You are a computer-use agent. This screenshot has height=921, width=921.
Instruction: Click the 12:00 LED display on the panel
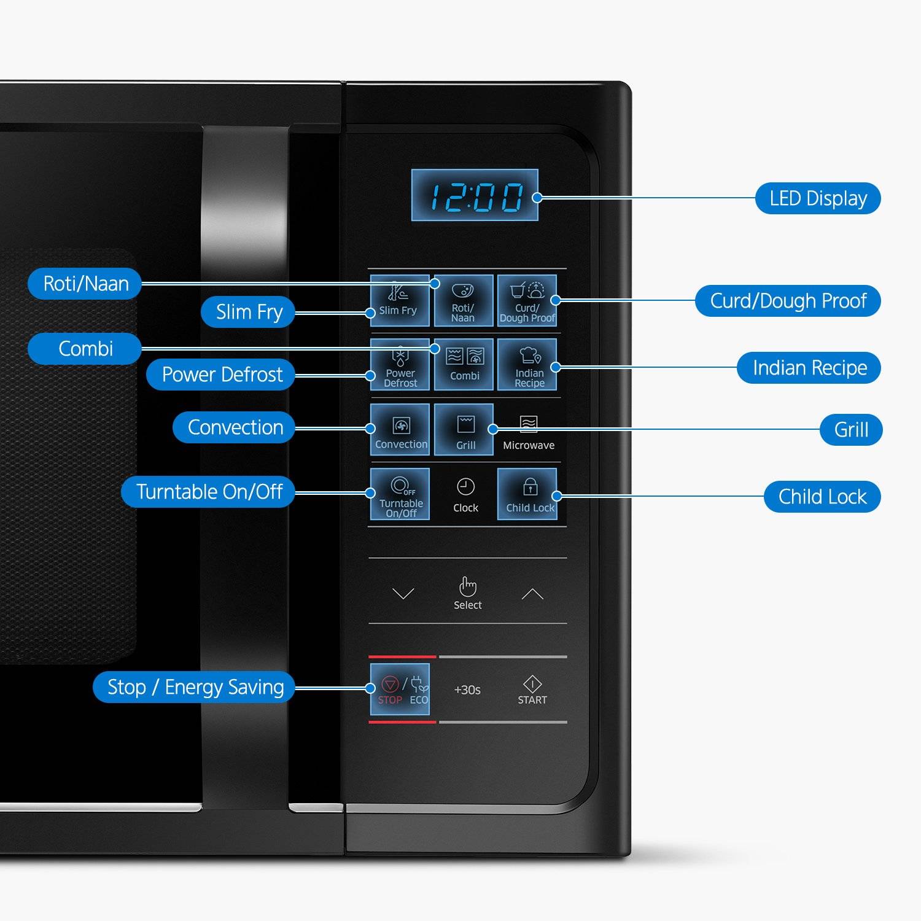tap(475, 195)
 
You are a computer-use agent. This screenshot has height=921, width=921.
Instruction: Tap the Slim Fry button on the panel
tap(400, 300)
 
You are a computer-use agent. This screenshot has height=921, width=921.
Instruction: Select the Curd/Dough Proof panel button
tap(527, 300)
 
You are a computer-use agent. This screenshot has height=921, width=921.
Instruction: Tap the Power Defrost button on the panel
tap(400, 364)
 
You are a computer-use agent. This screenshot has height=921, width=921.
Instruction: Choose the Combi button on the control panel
tap(464, 364)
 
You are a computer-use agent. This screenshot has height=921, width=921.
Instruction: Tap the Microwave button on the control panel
tap(529, 432)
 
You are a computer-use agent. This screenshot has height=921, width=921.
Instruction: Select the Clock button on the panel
tap(465, 495)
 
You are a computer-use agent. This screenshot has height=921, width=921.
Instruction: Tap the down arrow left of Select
tap(403, 593)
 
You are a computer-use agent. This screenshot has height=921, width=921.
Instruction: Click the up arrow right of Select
tap(532, 593)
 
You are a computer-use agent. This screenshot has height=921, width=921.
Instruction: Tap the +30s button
tap(467, 690)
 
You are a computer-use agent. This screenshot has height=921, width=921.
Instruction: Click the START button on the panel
tap(532, 690)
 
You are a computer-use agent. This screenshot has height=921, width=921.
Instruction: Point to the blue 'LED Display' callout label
tap(818, 198)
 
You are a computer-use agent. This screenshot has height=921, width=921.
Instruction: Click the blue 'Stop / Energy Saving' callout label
tap(194, 686)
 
